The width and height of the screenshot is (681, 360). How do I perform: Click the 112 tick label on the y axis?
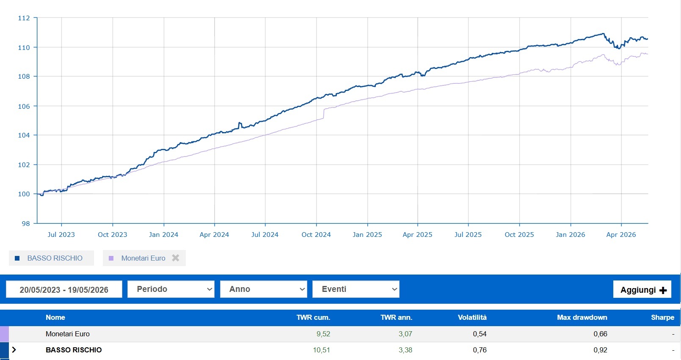24,18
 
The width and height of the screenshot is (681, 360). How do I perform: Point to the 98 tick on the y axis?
26,224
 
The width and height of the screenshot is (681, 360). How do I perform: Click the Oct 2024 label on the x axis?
316,234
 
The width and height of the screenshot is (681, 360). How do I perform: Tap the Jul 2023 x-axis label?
61,234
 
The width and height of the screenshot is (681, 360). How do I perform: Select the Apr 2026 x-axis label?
621,234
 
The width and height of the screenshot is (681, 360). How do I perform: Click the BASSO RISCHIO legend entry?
51,258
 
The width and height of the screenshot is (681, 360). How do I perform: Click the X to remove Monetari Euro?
175,258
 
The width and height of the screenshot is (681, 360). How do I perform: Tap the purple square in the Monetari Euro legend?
111,258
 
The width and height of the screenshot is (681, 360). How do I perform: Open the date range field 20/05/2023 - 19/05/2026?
64,289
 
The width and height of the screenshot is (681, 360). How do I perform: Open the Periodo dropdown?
171,289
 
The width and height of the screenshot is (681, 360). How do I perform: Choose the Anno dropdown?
264,289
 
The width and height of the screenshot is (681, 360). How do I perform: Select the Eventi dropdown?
356,289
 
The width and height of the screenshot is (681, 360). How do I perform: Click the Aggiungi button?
642,289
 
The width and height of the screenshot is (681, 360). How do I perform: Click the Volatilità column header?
472,317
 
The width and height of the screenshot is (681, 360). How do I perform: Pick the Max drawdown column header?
582,317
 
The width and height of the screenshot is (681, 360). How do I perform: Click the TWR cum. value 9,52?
323,334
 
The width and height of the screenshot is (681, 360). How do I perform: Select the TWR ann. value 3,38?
405,350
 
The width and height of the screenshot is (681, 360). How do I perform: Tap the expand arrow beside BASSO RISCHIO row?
14,350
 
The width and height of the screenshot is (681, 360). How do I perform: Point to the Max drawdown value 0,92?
601,350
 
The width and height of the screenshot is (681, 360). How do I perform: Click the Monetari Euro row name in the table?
67,334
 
